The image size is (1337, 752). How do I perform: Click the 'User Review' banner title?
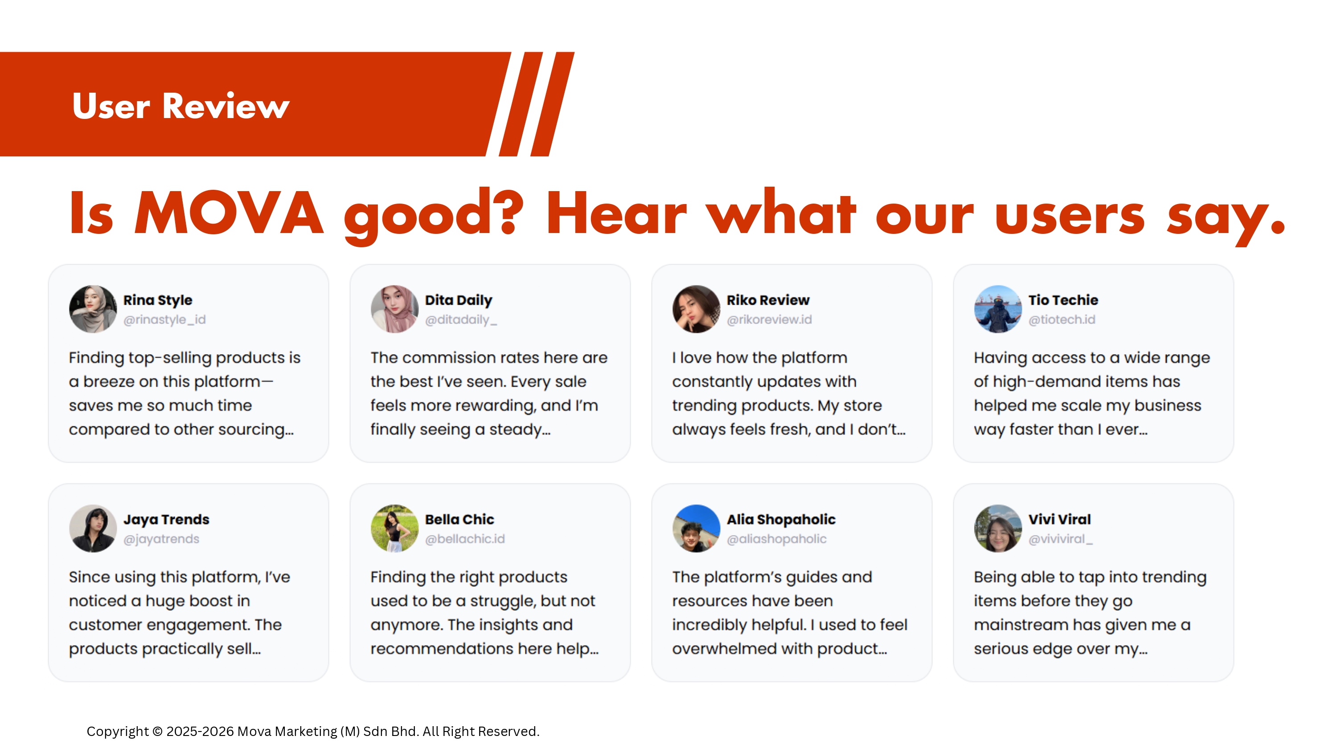coord(180,106)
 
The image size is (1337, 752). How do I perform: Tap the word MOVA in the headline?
coord(229,213)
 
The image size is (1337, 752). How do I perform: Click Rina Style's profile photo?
coord(93,309)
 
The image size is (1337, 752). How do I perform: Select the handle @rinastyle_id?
coord(164,320)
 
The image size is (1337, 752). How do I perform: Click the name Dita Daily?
coord(458,300)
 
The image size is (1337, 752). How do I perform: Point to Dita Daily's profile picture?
coord(394,309)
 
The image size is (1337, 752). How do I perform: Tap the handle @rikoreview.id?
coord(769,320)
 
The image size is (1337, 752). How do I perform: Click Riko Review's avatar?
coord(696,309)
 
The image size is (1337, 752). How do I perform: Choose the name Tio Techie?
coord(1063,300)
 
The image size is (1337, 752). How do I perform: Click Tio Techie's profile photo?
coord(997,309)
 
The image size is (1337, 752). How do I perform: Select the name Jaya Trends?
coord(166,519)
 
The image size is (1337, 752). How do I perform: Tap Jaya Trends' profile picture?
coord(93,528)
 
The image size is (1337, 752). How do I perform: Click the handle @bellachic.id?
coord(464,539)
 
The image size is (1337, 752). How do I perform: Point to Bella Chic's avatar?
coord(394,528)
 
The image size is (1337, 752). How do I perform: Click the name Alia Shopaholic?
coord(781,519)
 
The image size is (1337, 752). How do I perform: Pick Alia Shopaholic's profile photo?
coord(696,528)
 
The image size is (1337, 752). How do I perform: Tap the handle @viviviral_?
coord(1060,539)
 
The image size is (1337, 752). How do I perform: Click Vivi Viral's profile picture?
coord(997,528)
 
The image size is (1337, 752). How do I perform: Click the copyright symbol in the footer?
coord(157,731)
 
